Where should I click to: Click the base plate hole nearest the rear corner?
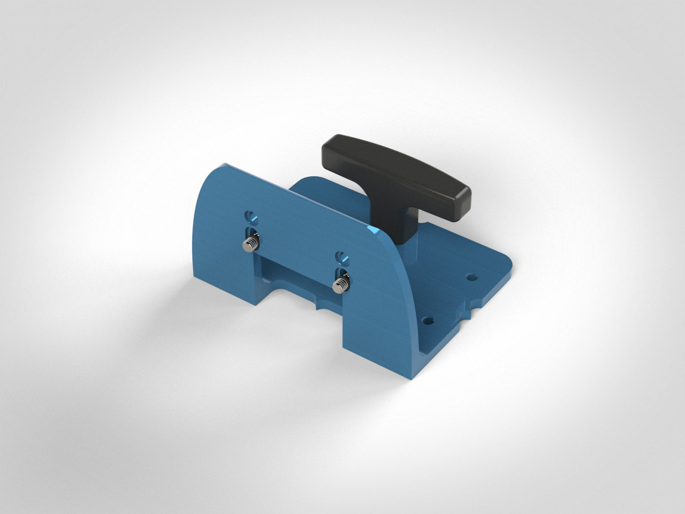[471, 277]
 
